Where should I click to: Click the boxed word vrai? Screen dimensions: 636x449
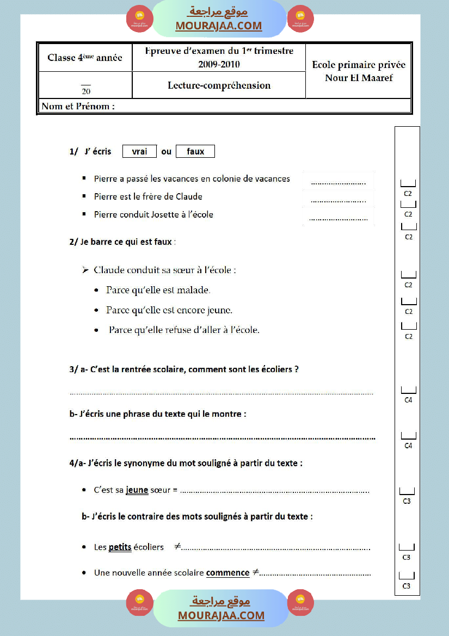[x=140, y=152]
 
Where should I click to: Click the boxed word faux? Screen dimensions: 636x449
[x=195, y=152]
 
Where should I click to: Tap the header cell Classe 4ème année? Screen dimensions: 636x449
[x=85, y=58]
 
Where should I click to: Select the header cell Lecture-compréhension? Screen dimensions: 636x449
[x=219, y=85]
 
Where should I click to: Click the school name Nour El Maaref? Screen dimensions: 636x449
[x=359, y=78]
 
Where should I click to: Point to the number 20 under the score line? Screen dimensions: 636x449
[x=86, y=91]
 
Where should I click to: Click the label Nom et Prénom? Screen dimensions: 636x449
[x=78, y=107]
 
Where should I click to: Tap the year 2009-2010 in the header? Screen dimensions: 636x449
[x=219, y=64]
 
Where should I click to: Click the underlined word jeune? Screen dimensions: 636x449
[x=137, y=490]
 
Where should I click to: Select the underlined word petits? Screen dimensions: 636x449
[x=120, y=547]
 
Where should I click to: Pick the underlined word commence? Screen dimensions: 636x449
[x=228, y=573]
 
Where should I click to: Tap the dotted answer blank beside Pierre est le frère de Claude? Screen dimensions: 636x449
[x=339, y=200]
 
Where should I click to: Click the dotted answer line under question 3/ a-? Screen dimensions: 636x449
[x=222, y=393]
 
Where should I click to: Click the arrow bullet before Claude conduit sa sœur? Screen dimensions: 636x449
[x=84, y=270]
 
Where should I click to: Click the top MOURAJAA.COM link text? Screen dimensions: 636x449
[x=219, y=26]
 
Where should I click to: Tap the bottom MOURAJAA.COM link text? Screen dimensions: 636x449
[x=221, y=615]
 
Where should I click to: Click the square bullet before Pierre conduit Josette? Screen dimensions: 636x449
[x=84, y=214]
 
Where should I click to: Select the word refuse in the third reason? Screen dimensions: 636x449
[x=176, y=330]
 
